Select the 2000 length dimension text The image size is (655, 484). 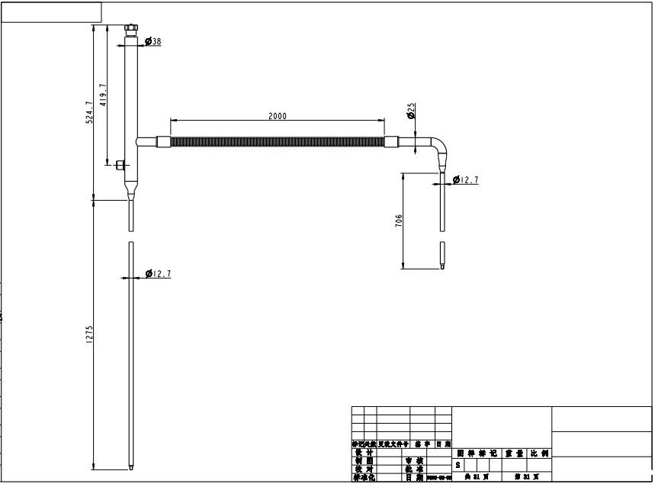click(x=278, y=116)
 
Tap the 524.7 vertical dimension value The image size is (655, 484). click(x=89, y=112)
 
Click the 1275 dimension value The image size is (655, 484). click(x=89, y=334)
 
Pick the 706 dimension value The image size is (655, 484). click(x=399, y=221)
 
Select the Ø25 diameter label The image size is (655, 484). click(x=412, y=112)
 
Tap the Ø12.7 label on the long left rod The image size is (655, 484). click(x=157, y=273)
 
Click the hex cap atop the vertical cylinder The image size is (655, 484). click(x=131, y=30)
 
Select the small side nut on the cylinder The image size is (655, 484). click(x=121, y=164)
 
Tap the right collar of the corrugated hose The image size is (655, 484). click(x=392, y=141)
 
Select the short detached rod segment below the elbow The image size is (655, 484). click(x=441, y=255)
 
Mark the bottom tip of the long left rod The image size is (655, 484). click(x=131, y=467)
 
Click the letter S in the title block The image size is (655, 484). click(x=458, y=464)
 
